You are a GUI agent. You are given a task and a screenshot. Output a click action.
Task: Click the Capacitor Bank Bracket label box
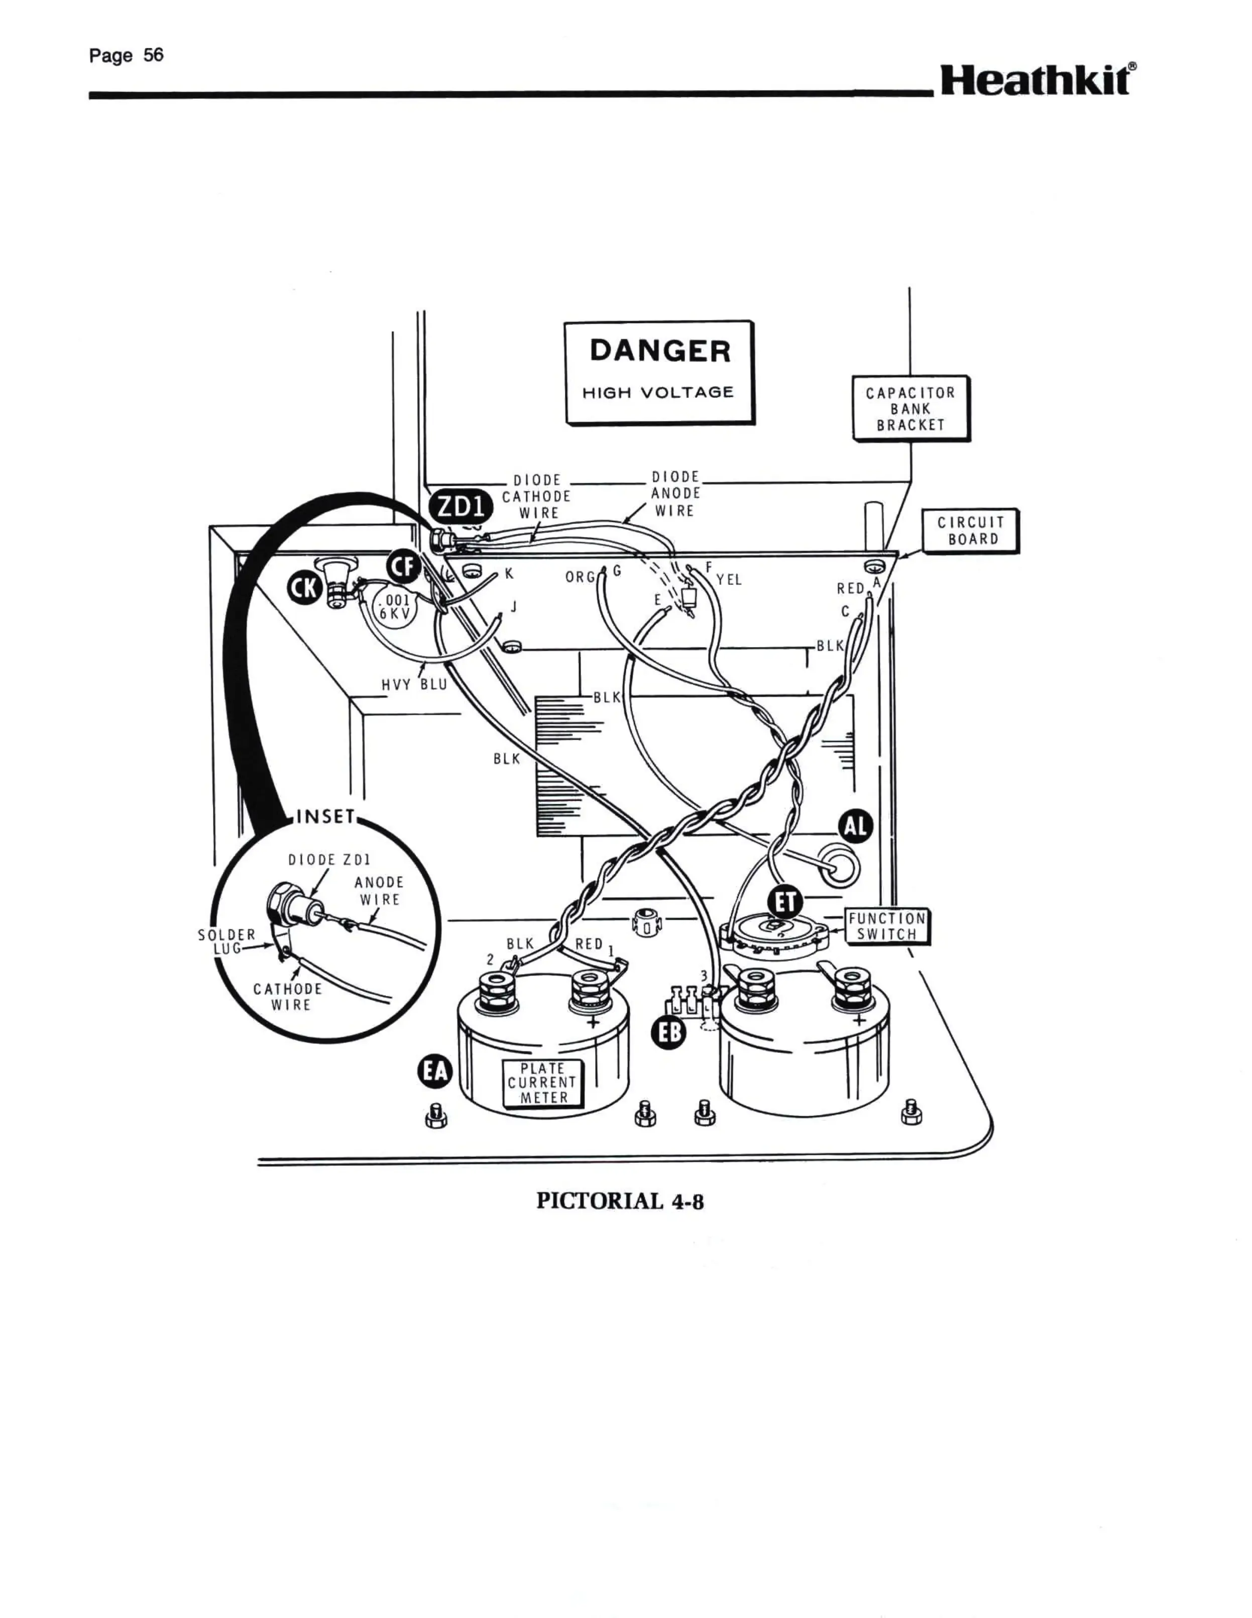[910, 408]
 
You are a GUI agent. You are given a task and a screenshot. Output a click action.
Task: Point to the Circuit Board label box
[970, 530]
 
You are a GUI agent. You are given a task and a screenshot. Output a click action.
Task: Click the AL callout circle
[856, 827]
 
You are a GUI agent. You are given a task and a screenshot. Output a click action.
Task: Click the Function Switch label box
[887, 926]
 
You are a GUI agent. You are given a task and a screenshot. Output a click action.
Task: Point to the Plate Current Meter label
[543, 1083]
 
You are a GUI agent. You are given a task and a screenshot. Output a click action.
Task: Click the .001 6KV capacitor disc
[393, 608]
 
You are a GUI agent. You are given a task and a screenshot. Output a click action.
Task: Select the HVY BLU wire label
[414, 685]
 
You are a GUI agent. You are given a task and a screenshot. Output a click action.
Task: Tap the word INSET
[326, 816]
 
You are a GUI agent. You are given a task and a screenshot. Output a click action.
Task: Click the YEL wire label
[729, 580]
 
